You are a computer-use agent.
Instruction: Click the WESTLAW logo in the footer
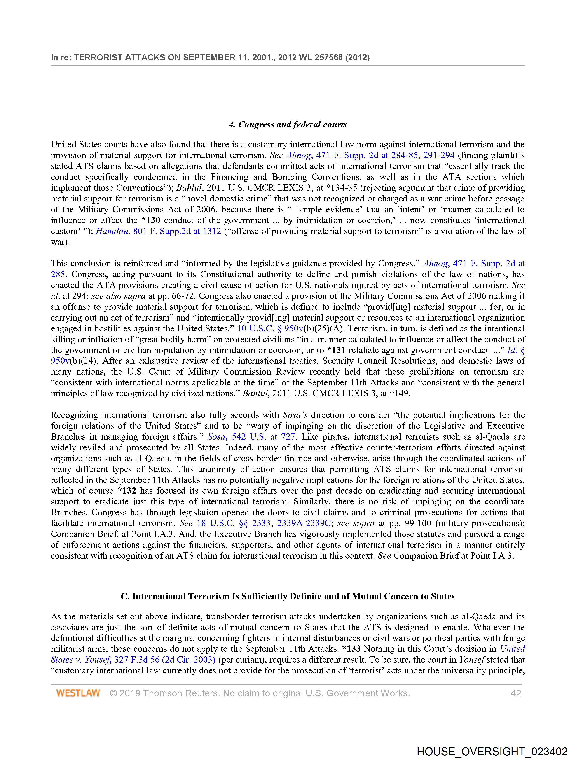[x=78, y=693]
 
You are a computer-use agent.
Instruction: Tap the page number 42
[x=516, y=693]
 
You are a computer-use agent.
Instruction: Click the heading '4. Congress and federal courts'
[x=288, y=124]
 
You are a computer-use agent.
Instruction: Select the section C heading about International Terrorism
[x=288, y=596]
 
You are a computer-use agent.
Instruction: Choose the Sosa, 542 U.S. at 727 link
[x=251, y=437]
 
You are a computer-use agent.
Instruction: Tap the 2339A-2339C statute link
[x=304, y=523]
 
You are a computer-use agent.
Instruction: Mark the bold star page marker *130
[x=151, y=220]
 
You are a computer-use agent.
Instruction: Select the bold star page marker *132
[x=127, y=491]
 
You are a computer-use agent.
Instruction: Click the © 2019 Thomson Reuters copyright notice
[x=260, y=693]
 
